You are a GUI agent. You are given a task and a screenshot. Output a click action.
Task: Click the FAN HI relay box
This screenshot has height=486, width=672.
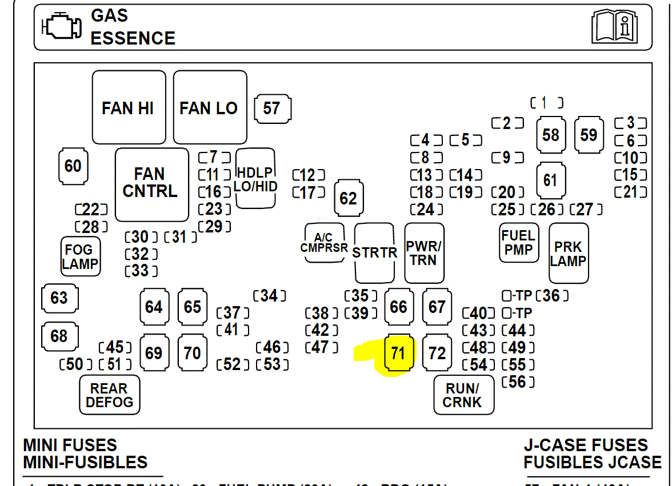point(129,107)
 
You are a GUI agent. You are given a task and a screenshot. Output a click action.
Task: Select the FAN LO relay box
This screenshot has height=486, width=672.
point(210,107)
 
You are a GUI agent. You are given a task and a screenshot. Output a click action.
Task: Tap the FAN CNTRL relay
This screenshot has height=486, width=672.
point(151,184)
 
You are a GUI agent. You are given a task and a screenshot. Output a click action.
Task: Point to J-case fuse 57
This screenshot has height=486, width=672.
point(272,108)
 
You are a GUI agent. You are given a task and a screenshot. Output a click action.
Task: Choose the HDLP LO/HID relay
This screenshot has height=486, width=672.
point(255,179)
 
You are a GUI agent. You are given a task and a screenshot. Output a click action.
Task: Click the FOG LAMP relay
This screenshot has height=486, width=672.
point(80,256)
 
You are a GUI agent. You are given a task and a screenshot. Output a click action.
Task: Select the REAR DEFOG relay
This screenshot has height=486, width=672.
point(109,395)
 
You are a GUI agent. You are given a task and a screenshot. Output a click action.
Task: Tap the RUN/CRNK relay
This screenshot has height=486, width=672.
point(463,395)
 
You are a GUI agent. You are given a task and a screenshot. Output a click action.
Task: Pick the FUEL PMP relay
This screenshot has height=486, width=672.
point(518,243)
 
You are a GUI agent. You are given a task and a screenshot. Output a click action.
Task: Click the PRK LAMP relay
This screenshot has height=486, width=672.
point(568,254)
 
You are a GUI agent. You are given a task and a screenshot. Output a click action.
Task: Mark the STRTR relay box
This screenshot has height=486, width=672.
point(374,253)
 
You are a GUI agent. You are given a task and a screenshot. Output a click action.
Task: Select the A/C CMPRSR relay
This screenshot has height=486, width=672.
point(325,243)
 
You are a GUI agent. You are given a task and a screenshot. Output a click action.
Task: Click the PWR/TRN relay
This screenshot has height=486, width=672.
point(424,253)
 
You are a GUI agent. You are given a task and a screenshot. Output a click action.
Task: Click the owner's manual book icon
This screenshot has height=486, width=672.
point(614,26)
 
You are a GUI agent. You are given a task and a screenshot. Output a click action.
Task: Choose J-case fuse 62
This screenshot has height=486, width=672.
point(348,198)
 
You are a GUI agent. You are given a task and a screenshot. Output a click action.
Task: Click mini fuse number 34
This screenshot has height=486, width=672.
point(269,295)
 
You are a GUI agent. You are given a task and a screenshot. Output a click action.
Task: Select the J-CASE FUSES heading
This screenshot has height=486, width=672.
point(586,445)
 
